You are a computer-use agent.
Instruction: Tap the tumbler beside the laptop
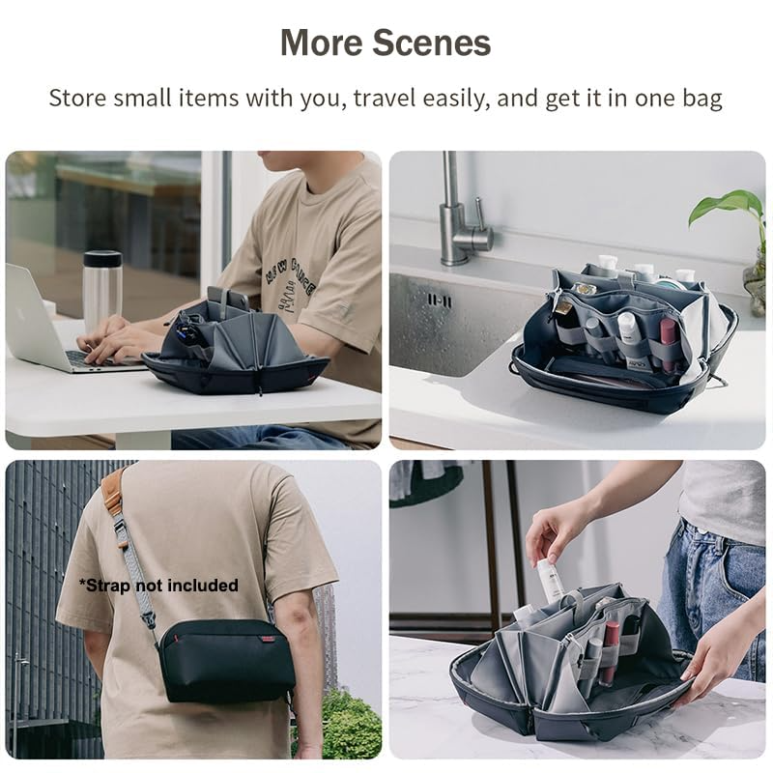[102, 290]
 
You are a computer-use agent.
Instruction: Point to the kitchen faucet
[460, 217]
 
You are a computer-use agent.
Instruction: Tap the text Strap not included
[158, 585]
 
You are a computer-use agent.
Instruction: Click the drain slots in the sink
[439, 301]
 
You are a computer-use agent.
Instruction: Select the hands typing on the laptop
[116, 338]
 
